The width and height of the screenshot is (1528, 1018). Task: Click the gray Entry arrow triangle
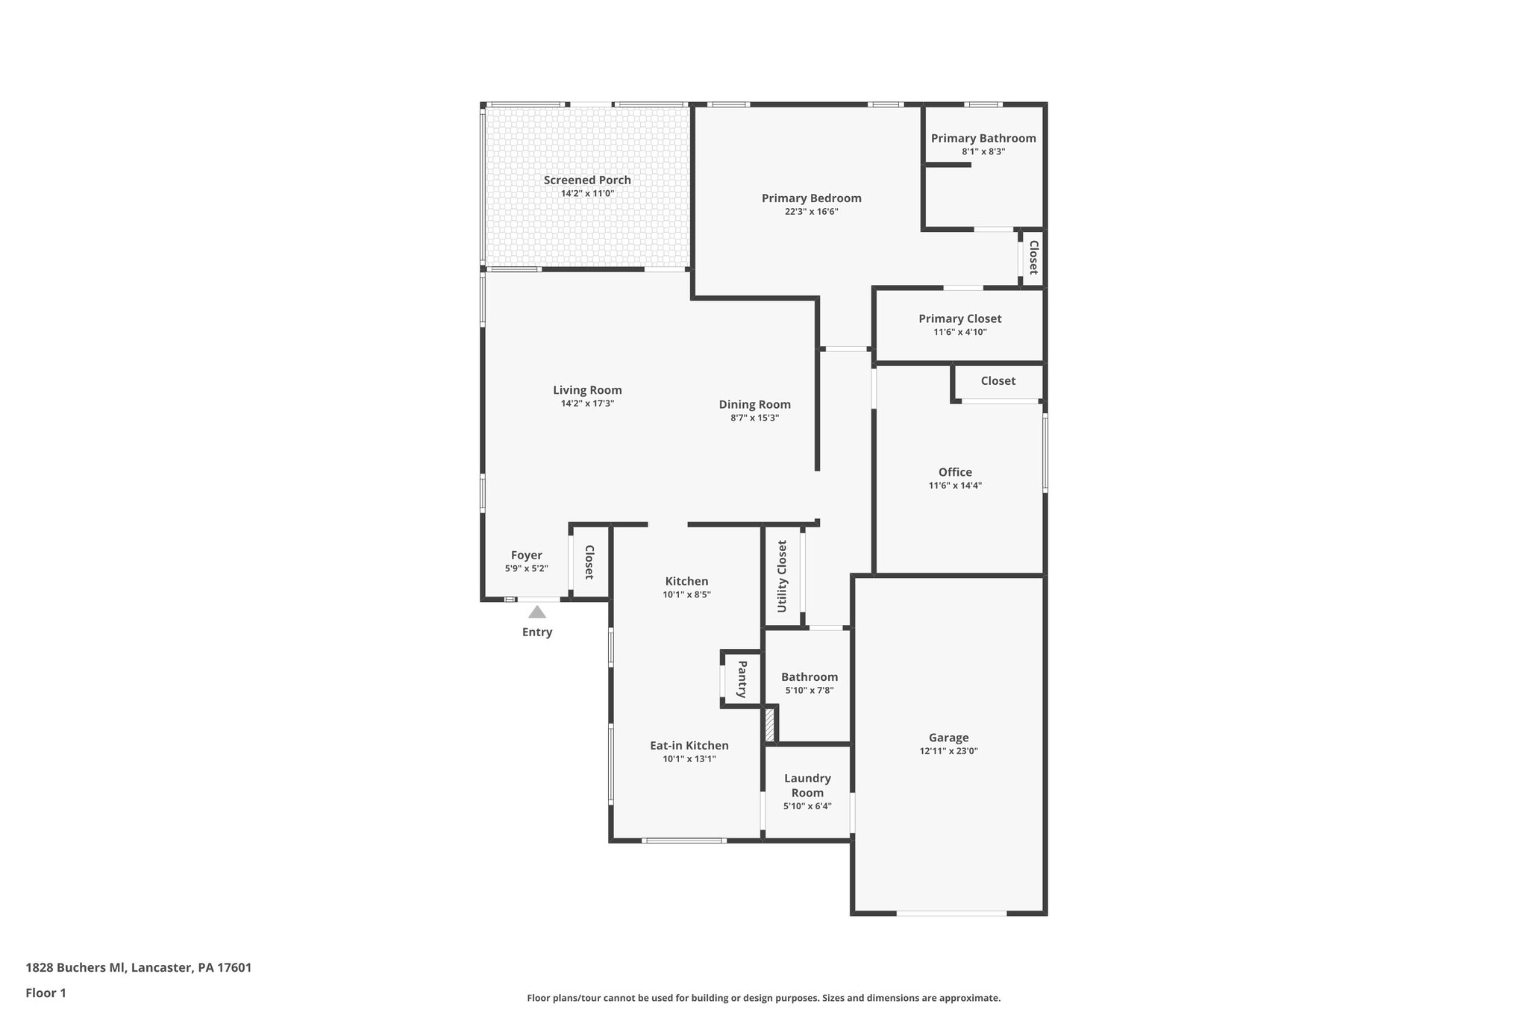click(x=537, y=612)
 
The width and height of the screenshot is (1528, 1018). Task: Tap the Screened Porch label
click(x=587, y=180)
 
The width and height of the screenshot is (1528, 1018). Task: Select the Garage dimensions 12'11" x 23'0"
click(x=948, y=751)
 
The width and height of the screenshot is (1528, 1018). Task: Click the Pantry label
click(x=742, y=679)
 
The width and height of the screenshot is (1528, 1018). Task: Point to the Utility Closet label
click(x=782, y=576)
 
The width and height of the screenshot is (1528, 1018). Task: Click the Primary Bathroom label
click(x=983, y=138)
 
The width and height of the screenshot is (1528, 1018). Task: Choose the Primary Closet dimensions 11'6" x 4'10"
click(x=959, y=332)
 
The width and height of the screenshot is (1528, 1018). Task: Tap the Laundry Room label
click(x=807, y=785)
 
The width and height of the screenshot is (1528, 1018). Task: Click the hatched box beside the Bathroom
click(x=770, y=726)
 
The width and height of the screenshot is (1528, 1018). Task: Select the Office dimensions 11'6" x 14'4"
click(x=955, y=486)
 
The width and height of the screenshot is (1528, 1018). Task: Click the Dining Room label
click(x=754, y=404)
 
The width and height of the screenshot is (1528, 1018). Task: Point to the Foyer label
click(x=526, y=555)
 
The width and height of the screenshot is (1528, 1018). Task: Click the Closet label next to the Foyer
click(x=589, y=562)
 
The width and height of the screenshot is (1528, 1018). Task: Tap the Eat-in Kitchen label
click(x=689, y=745)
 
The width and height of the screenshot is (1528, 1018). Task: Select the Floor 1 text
click(x=46, y=993)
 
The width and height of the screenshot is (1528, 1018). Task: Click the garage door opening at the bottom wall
click(x=951, y=913)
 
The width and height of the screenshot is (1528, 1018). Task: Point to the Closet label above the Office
click(x=998, y=380)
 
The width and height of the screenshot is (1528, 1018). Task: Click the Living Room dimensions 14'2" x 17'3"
click(x=587, y=403)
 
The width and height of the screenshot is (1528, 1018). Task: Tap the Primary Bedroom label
click(x=811, y=198)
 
